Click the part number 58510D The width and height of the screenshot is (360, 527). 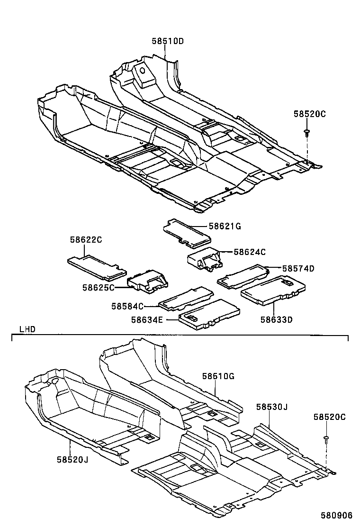167,41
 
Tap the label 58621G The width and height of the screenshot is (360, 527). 225,227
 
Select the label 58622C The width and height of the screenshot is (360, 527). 86,240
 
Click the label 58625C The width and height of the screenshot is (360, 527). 98,287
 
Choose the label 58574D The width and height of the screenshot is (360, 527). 298,268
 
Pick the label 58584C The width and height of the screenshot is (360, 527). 127,306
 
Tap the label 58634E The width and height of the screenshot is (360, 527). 147,320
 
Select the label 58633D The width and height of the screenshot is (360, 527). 276,319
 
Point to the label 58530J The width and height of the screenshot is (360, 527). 272,407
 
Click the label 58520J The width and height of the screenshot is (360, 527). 73,459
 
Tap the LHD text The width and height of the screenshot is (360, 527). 27,328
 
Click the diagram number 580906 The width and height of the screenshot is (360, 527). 337,515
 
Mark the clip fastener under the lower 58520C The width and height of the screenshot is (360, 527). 326,439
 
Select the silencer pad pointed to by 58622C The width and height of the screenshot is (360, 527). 96,266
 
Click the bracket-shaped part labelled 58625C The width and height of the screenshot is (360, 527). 149,282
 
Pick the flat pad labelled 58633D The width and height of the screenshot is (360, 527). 273,290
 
